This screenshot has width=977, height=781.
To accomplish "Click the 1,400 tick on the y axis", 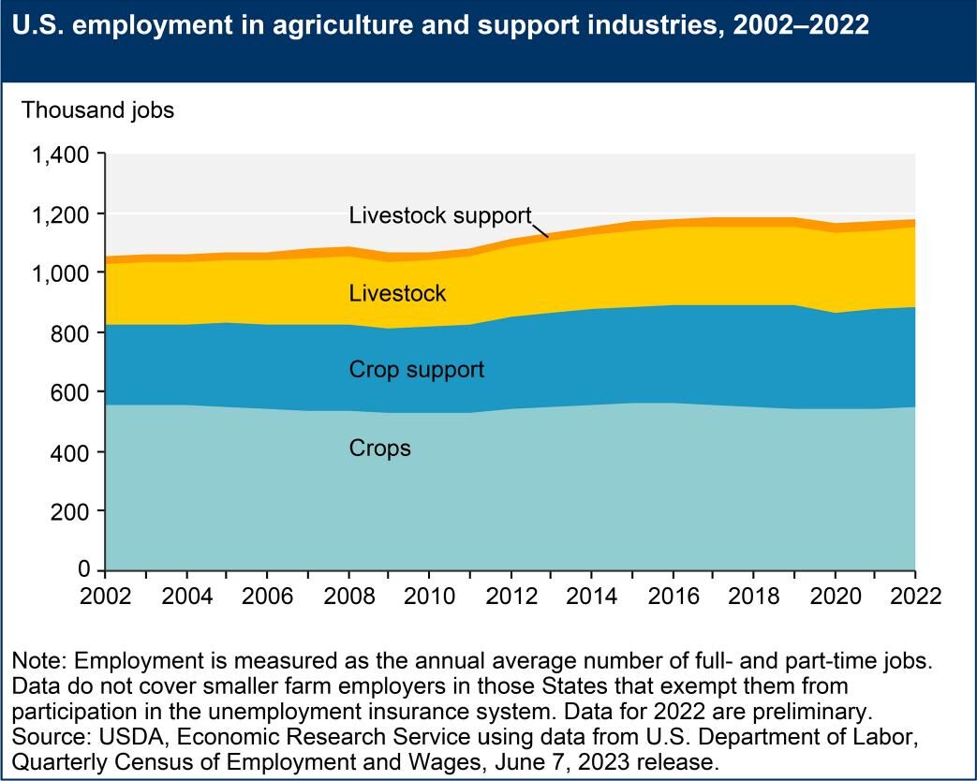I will click(x=62, y=155).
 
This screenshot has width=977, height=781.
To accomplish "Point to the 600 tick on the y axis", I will click(x=71, y=392).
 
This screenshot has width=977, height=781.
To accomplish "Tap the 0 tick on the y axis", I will click(x=84, y=570).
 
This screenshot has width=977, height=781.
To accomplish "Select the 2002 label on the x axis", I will click(x=106, y=597).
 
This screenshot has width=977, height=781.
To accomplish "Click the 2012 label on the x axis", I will click(x=511, y=597).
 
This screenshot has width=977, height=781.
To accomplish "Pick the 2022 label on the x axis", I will click(x=914, y=597).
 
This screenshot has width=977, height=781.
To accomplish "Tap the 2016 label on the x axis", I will click(x=672, y=597).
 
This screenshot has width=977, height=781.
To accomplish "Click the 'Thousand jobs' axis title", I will click(x=97, y=111).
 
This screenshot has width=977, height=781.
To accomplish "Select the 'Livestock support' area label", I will click(x=440, y=214).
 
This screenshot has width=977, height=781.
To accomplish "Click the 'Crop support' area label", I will click(x=416, y=370).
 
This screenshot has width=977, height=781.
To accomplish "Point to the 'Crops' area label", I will click(x=379, y=449).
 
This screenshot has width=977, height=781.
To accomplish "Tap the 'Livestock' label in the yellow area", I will click(x=397, y=294).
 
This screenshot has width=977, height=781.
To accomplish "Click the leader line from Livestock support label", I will click(x=541, y=228).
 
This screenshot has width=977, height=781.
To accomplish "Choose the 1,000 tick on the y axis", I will click(x=62, y=273).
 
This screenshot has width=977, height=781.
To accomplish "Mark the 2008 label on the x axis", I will click(x=348, y=597).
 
